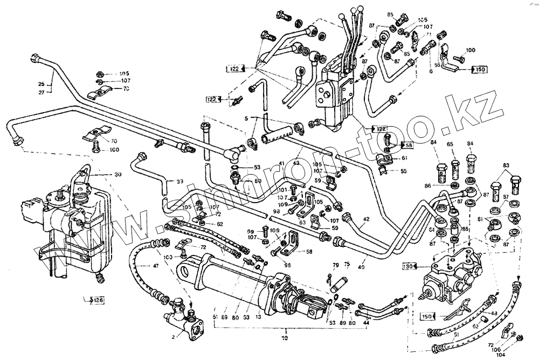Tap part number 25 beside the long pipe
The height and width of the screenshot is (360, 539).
pos(40,84)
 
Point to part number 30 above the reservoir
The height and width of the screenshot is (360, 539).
pos(118,175)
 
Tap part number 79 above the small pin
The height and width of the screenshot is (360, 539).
pos(335,265)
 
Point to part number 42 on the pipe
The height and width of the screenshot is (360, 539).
pos(366,219)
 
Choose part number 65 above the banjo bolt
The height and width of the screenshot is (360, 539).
pos(451,144)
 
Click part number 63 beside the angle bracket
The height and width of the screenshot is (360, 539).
pos(303,221)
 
